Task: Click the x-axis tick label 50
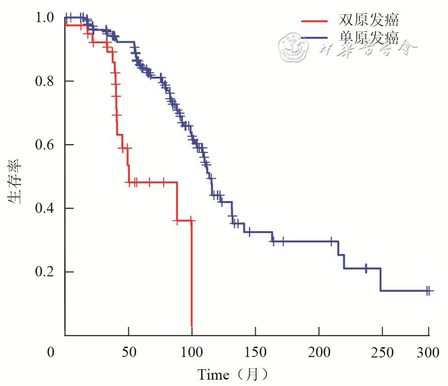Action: pyautogui.click(x=128, y=353)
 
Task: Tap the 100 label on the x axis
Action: pyautogui.click(x=192, y=353)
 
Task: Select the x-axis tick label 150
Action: pyautogui.click(x=255, y=353)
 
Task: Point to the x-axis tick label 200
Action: pyautogui.click(x=319, y=353)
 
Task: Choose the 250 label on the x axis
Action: pyautogui.click(x=382, y=353)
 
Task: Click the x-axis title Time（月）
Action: pyautogui.click(x=233, y=375)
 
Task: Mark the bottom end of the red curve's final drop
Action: pyautogui.click(x=192, y=326)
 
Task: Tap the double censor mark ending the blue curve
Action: pyautogui.click(x=428, y=291)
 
